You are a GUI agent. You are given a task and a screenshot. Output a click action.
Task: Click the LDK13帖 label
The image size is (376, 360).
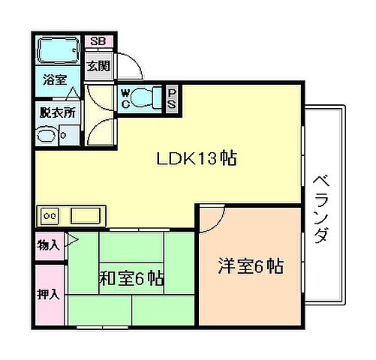pos(196,159)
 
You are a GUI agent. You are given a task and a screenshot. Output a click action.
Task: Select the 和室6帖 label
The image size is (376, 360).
pos(131,278)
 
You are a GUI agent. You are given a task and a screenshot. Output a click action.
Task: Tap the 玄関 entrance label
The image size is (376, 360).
pos(98,66)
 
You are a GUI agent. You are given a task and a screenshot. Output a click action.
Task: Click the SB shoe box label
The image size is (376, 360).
pos(98,42)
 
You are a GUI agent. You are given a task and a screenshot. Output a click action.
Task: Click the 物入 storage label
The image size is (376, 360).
pos(49,244)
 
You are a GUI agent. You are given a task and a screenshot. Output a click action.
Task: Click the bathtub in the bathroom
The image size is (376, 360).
pos(59,51)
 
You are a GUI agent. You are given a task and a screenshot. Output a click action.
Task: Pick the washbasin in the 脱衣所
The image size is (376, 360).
pos(47,136)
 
